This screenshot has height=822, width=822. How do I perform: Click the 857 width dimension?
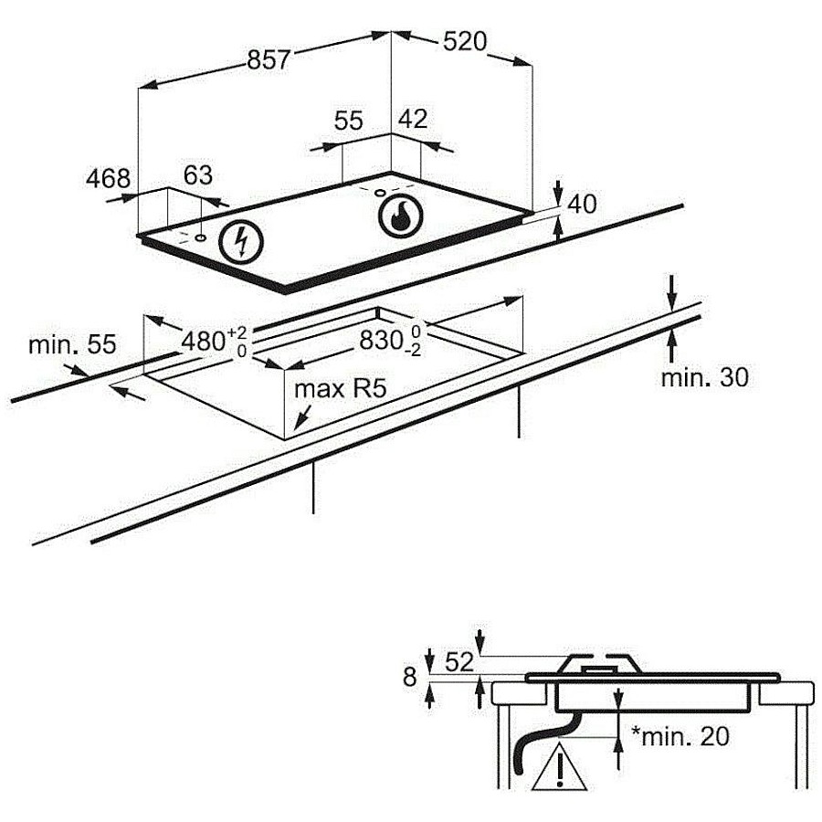pyautogui.click(x=268, y=59)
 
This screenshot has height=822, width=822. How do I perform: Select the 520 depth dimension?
pyautogui.click(x=465, y=41)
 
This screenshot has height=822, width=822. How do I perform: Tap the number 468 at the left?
pyautogui.click(x=108, y=178)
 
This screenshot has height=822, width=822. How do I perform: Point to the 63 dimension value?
pyautogui.click(x=197, y=175)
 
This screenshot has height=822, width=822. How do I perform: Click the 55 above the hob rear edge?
pyautogui.click(x=348, y=120)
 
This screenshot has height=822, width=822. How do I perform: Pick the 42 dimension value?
pyautogui.click(x=413, y=119)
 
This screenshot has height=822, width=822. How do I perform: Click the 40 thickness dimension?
pyautogui.click(x=582, y=204)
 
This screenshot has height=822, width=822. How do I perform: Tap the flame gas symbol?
pyautogui.click(x=401, y=216)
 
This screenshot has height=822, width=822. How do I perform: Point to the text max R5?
pyautogui.click(x=341, y=389)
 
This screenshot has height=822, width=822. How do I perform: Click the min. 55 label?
pyautogui.click(x=72, y=345)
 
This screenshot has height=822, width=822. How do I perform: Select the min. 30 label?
pyautogui.click(x=704, y=377)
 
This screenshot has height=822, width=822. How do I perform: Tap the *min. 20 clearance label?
pyautogui.click(x=680, y=736)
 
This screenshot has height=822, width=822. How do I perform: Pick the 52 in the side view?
pyautogui.click(x=459, y=662)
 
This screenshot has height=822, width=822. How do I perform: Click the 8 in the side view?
pyautogui.click(x=409, y=678)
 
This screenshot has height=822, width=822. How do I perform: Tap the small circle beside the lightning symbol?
pyautogui.click(x=200, y=237)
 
